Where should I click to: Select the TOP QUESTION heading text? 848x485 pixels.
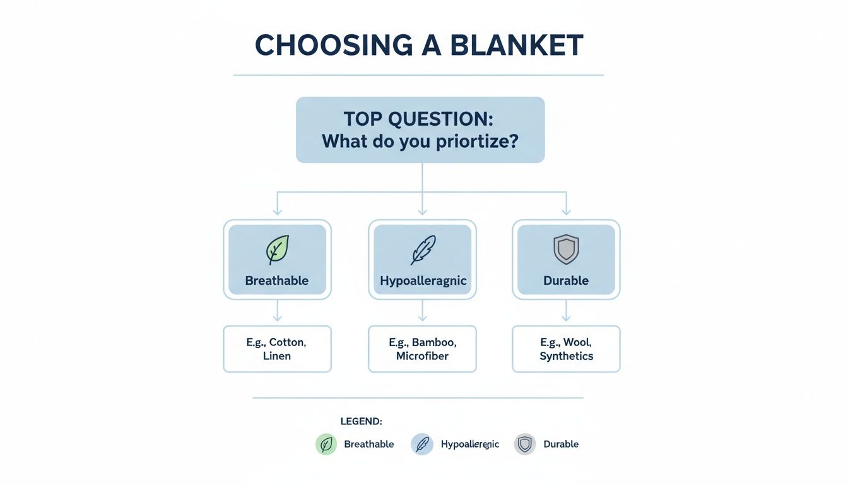point(420,119)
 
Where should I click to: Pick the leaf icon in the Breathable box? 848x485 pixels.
point(277,250)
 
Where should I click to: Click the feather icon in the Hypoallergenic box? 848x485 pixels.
point(422,250)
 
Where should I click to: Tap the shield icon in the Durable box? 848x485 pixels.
point(566,250)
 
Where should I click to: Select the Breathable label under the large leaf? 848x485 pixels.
point(277,280)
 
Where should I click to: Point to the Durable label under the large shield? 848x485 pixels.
point(566,280)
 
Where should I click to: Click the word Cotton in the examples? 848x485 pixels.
point(287,342)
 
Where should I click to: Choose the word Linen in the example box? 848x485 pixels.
point(277,356)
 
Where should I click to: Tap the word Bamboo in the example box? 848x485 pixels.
point(433,342)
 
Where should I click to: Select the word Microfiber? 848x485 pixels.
point(422,356)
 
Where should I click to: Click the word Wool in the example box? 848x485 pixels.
point(576,342)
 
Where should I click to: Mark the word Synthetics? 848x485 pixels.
point(566,356)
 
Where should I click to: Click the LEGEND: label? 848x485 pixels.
point(362,421)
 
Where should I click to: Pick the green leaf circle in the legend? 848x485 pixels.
point(326,445)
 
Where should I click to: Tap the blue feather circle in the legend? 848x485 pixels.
point(422,445)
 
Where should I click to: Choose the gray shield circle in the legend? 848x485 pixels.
point(524,445)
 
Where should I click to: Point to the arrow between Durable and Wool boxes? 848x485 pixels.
point(566,311)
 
